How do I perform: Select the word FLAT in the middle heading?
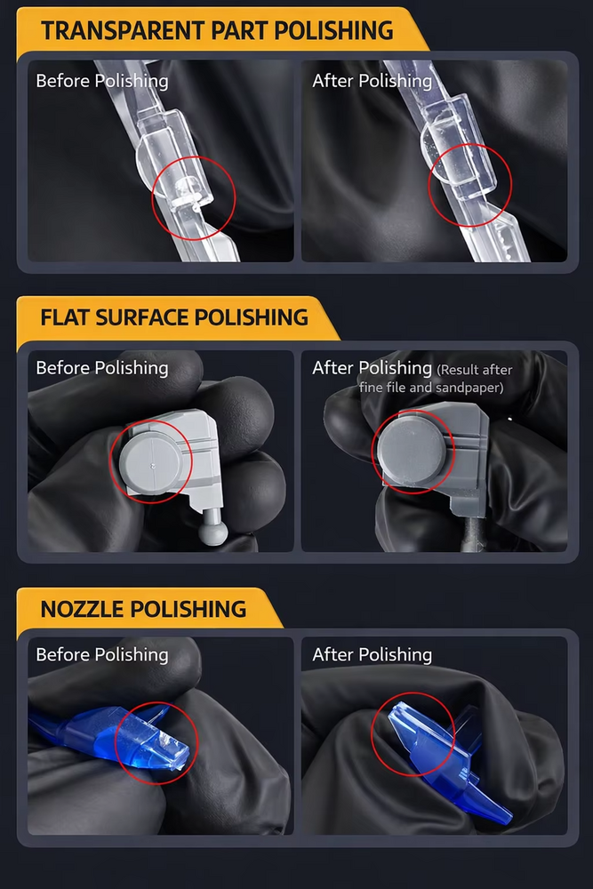click(x=65, y=317)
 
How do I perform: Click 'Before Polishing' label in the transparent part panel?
click(x=102, y=81)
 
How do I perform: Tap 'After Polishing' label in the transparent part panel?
click(x=372, y=81)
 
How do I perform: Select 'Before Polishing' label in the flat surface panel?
click(x=102, y=368)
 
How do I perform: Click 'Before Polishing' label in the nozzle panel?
click(x=102, y=655)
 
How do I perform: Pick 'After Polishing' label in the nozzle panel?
click(x=372, y=655)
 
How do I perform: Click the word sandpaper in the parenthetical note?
click(x=469, y=388)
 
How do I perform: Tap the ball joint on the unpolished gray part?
click(x=213, y=533)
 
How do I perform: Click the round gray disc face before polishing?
click(x=151, y=463)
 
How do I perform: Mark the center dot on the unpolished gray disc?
click(x=154, y=466)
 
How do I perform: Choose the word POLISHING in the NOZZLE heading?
click(x=188, y=609)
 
